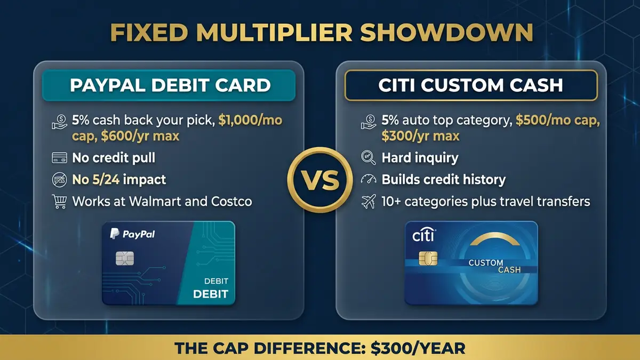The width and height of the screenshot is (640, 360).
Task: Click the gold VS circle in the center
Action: pyautogui.click(x=320, y=180)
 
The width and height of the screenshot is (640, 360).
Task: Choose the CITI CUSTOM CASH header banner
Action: pyautogui.click(x=470, y=85)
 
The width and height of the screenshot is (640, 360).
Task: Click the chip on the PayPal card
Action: pyautogui.click(x=125, y=259)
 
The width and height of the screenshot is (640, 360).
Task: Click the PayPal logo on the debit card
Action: pyautogui.click(x=132, y=234)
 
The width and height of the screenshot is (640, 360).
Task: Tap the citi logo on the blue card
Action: pyautogui.click(x=424, y=235)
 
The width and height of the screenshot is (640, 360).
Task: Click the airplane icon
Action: pyautogui.click(x=368, y=202)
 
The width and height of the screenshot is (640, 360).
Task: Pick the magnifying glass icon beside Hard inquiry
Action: pyautogui.click(x=368, y=157)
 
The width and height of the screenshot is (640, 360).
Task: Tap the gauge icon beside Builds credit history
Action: pyautogui.click(x=368, y=179)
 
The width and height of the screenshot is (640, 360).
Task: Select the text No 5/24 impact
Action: pyautogui.click(x=119, y=180)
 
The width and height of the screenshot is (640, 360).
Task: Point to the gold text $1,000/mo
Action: pyautogui.click(x=250, y=121)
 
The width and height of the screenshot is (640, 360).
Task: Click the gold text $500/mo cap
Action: pyautogui.click(x=557, y=121)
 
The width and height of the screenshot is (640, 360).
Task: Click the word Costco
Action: pyautogui.click(x=230, y=202)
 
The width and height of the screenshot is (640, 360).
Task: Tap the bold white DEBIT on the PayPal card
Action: pyautogui.click(x=210, y=294)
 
